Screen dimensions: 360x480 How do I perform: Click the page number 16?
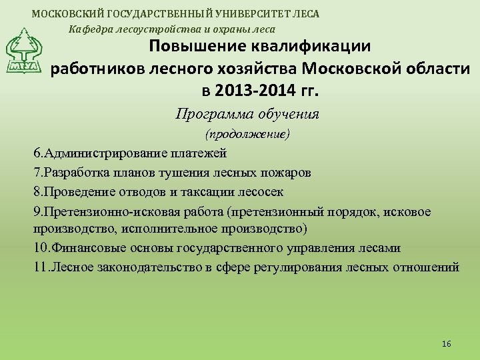(447, 343)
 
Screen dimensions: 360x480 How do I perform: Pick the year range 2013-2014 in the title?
(254, 89)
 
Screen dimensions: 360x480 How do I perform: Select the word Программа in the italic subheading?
(211, 113)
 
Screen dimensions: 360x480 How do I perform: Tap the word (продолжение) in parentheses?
(247, 134)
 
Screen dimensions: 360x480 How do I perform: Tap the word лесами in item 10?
(380, 248)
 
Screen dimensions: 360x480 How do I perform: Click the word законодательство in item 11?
(133, 267)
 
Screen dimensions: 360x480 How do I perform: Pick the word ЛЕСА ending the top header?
(306, 13)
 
